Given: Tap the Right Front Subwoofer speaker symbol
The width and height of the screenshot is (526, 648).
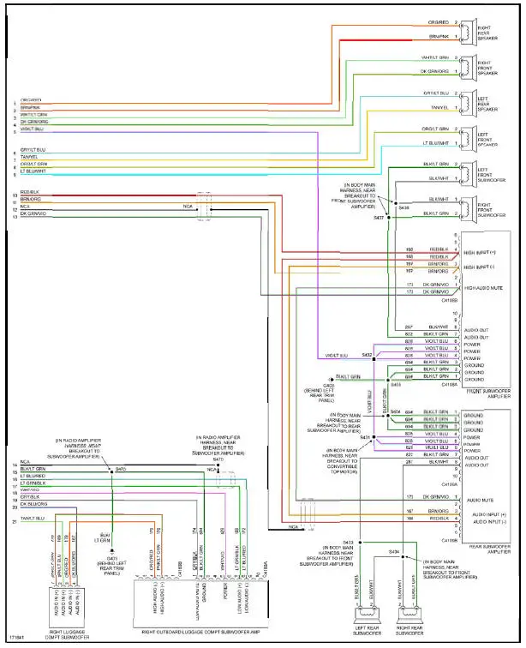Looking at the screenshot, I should click(x=469, y=206).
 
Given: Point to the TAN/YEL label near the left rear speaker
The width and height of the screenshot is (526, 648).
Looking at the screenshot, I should click(x=438, y=108).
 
